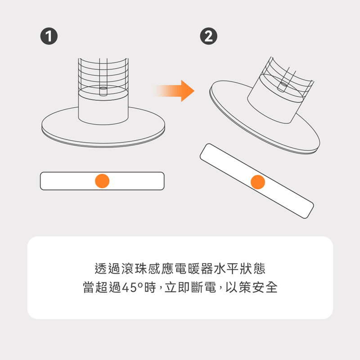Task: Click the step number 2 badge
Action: click(x=208, y=36)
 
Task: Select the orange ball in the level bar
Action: click(x=102, y=181)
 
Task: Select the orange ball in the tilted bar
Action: click(x=258, y=182)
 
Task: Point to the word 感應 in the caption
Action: click(x=161, y=269)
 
